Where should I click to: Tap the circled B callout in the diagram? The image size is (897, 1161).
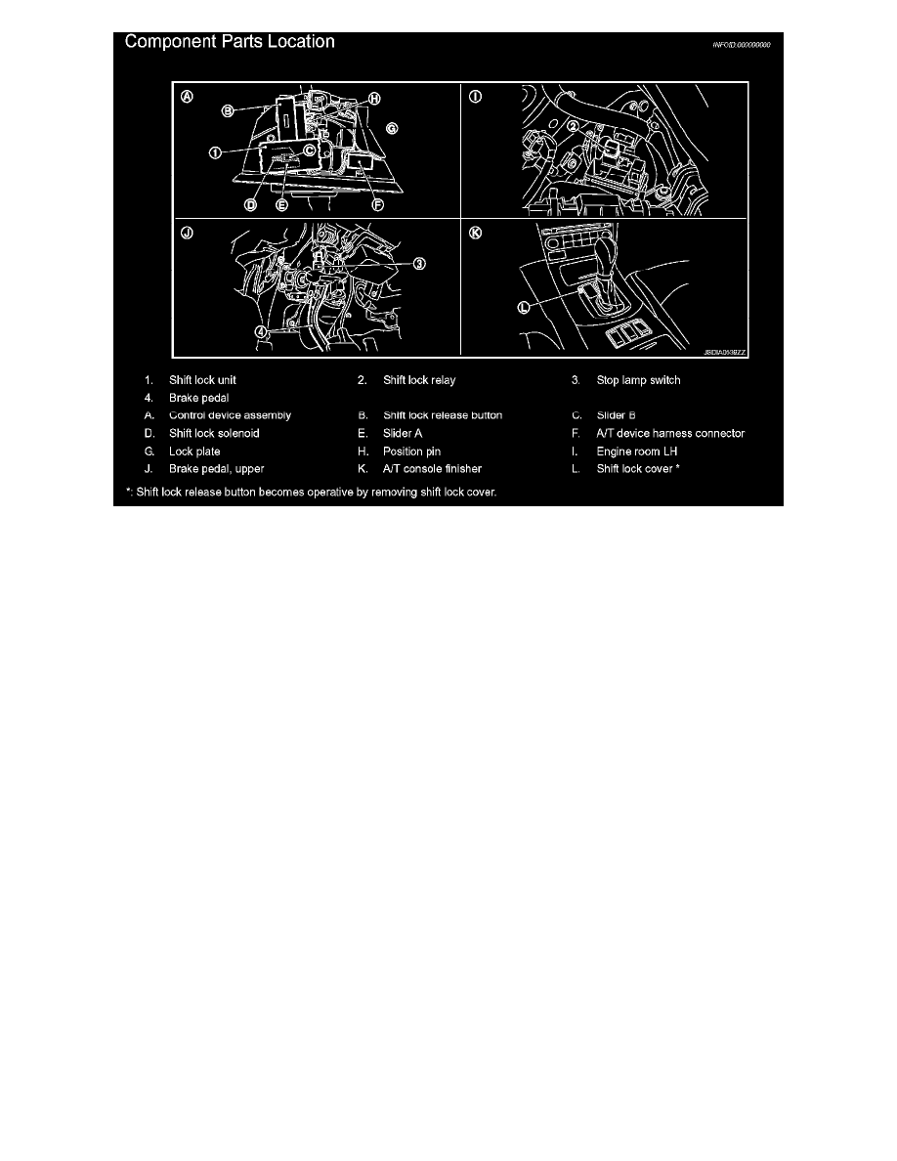pyautogui.click(x=227, y=111)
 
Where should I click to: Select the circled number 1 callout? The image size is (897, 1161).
pyautogui.click(x=214, y=151)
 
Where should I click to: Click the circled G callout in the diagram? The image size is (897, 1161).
pyautogui.click(x=391, y=127)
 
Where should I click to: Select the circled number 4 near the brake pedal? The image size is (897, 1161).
pyautogui.click(x=261, y=330)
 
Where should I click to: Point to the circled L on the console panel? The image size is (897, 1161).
pyautogui.click(x=524, y=306)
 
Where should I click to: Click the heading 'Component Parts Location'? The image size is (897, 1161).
pyautogui.click(x=229, y=42)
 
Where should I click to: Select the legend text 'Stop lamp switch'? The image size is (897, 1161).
pyautogui.click(x=638, y=379)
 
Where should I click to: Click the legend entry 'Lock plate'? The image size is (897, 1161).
pyautogui.click(x=194, y=451)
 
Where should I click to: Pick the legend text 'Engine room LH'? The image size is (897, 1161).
pyautogui.click(x=637, y=451)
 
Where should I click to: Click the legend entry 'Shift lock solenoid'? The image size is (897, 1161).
pyautogui.click(x=214, y=433)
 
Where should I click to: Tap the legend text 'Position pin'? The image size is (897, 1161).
pyautogui.click(x=411, y=451)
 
